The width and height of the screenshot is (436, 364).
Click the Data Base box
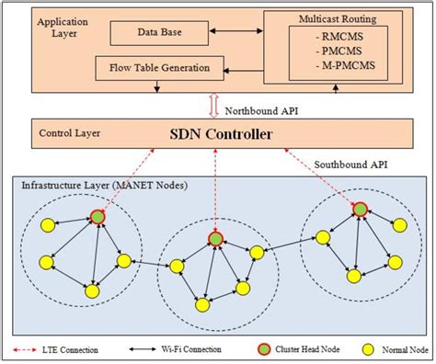coord(158,34)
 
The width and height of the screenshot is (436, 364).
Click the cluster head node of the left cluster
coord(98,218)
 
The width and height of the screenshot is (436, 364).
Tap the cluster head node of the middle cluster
coord(215,239)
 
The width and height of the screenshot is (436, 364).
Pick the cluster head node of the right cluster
coord(360,210)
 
